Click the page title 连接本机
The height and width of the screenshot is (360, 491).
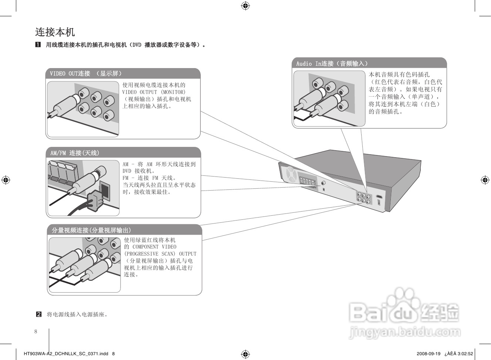tap(55, 32)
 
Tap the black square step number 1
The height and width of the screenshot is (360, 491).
tap(38, 45)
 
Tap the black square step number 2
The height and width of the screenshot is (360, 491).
tap(38, 314)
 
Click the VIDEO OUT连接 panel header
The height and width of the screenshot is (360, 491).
tap(86, 74)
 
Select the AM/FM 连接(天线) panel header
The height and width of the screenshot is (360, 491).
tap(75, 153)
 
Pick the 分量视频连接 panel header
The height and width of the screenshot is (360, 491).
tap(91, 230)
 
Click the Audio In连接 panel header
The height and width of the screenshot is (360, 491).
tap(332, 64)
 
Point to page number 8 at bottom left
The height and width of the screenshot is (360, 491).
tap(36, 332)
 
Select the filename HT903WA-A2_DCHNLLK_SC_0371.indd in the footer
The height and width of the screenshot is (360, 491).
tap(66, 353)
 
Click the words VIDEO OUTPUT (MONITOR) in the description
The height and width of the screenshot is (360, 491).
tap(154, 92)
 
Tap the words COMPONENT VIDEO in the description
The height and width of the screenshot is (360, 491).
tap(154, 247)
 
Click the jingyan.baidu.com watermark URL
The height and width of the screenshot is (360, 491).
tap(404, 332)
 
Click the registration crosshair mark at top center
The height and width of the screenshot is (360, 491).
tap(245, 6)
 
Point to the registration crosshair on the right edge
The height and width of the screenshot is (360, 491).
tap(485, 180)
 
